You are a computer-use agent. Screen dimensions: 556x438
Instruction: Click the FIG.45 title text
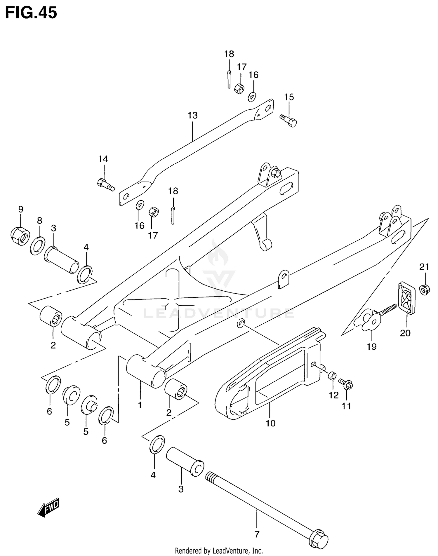coord(31,13)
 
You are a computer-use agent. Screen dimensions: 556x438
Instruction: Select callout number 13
coord(192,115)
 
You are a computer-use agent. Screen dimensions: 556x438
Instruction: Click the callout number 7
coord(257,534)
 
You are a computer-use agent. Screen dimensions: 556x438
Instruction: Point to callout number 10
coord(270,423)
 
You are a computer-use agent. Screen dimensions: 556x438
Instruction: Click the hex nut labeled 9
coord(20,236)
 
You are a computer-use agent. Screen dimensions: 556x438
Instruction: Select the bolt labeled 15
coord(288,121)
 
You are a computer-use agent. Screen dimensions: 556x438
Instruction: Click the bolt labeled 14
coord(105,184)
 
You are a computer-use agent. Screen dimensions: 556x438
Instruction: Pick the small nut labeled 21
coord(424,290)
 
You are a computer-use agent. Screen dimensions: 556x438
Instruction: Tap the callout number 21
coord(424,267)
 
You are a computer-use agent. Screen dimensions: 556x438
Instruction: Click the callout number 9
coord(20,209)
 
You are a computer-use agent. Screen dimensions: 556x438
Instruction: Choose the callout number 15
coord(289,97)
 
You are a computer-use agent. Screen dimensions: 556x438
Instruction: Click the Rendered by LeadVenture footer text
coord(219,551)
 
